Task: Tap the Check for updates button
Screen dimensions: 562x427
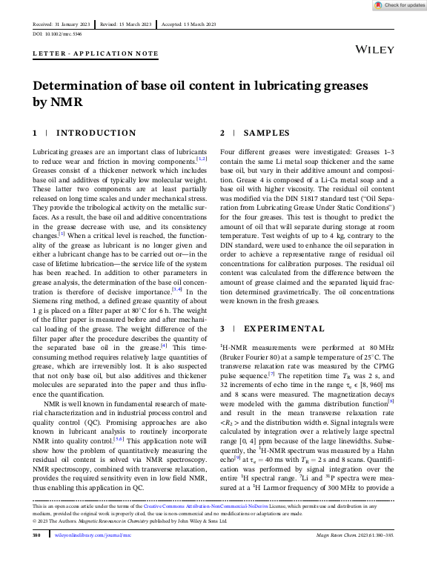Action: [399, 5]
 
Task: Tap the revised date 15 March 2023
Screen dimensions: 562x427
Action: [134, 24]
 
